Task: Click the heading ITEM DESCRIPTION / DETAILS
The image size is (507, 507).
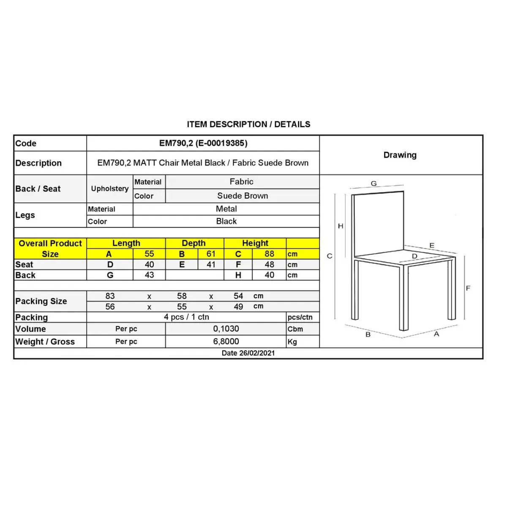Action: [x=248, y=124]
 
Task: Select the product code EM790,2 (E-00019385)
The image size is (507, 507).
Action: [x=203, y=143]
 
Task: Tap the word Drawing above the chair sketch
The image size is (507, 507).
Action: [x=400, y=155]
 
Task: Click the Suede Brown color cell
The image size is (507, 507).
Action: [x=243, y=196]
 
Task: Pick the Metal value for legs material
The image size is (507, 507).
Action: [x=226, y=209]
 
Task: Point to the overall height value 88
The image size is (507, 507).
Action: [x=269, y=254]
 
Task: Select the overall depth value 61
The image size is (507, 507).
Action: [x=211, y=254]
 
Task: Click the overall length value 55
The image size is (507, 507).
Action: [x=149, y=254]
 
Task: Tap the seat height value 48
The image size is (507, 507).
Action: [x=269, y=264]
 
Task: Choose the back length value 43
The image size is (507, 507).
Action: [x=149, y=275]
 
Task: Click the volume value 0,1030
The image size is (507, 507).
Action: [x=226, y=329]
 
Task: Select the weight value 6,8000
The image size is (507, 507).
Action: [x=226, y=341]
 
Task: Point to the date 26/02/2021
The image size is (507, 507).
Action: [x=248, y=353]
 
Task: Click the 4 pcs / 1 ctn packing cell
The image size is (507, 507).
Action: [x=186, y=317]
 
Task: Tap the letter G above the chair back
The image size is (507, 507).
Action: [x=373, y=183]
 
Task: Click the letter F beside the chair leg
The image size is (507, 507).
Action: [x=468, y=288]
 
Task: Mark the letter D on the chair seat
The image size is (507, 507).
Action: [x=414, y=256]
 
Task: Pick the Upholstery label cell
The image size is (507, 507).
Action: [x=110, y=188]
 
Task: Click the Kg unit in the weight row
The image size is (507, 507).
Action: [x=292, y=342]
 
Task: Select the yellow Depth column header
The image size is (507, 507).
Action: [x=194, y=243]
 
